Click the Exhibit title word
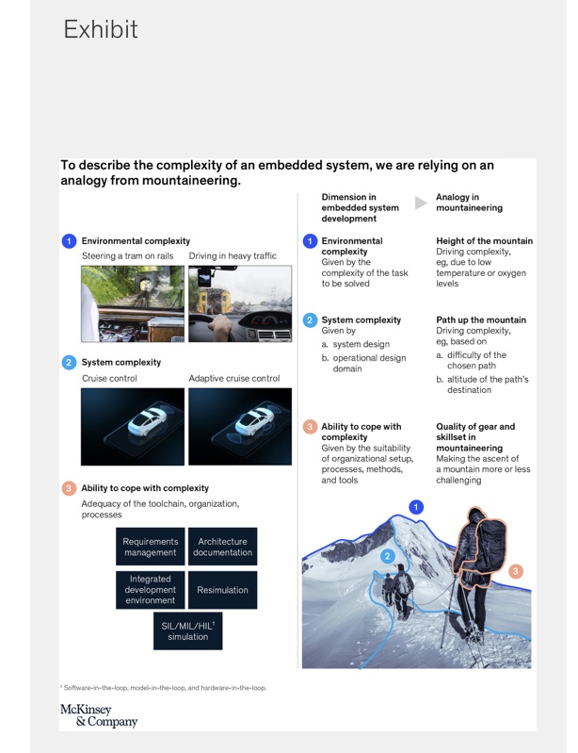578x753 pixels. (101, 29)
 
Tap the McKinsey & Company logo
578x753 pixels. (99, 715)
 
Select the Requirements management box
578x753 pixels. (151, 547)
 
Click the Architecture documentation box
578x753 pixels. (222, 547)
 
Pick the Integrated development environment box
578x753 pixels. (151, 590)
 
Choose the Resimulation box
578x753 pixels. (222, 590)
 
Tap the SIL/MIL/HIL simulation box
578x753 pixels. (187, 631)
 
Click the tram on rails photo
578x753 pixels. (133, 303)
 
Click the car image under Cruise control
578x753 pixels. (133, 427)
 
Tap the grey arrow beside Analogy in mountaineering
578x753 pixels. (421, 203)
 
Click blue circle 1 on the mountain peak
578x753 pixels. (416, 507)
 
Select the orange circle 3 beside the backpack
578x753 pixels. (515, 570)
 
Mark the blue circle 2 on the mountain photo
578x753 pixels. (387, 556)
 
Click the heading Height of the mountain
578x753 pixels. (484, 241)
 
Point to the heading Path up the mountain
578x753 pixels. (481, 320)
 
